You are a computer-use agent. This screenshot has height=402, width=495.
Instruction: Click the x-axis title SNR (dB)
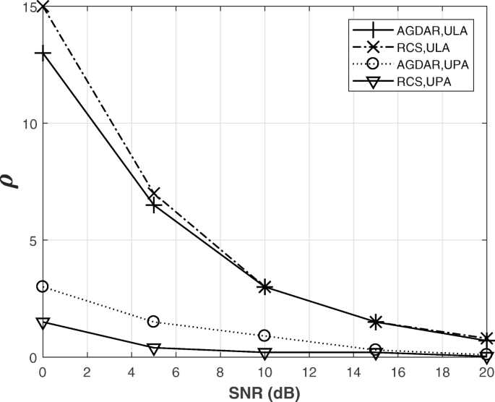pyautogui.click(x=264, y=393)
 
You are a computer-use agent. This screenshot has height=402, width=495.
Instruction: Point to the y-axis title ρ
pyautogui.click(x=13, y=181)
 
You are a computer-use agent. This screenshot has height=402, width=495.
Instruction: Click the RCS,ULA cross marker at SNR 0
pyautogui.click(x=43, y=7)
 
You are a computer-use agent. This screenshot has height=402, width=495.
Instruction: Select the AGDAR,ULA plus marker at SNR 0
pyautogui.click(x=43, y=54)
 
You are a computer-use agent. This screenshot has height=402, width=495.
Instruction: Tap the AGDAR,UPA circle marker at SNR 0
pyautogui.click(x=43, y=287)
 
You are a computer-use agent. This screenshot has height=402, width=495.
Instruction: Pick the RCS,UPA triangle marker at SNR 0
pyautogui.click(x=43, y=322)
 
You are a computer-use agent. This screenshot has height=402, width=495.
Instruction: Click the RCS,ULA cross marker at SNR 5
pyautogui.click(x=153, y=194)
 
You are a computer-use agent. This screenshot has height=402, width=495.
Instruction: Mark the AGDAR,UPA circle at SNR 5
pyautogui.click(x=153, y=322)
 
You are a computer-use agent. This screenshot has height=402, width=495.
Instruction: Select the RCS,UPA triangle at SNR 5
pyautogui.click(x=153, y=348)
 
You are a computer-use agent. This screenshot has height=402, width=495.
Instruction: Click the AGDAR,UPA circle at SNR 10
pyautogui.click(x=264, y=336)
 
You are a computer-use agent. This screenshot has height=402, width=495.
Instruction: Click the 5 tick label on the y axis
pyautogui.click(x=32, y=240)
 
